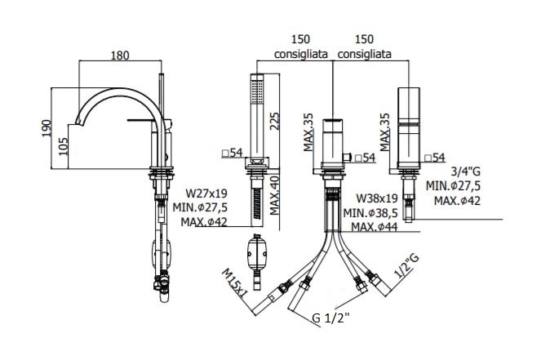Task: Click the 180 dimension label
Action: [x=120, y=55]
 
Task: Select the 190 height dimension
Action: [x=47, y=128]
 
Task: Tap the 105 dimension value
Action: [x=63, y=146]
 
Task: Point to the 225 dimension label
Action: [x=275, y=121]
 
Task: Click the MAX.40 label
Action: [x=275, y=195]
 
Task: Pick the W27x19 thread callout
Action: [x=206, y=193]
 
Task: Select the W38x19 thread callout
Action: [x=377, y=198]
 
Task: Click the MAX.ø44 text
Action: [x=375, y=227]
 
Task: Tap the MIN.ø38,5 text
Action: [x=370, y=212]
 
